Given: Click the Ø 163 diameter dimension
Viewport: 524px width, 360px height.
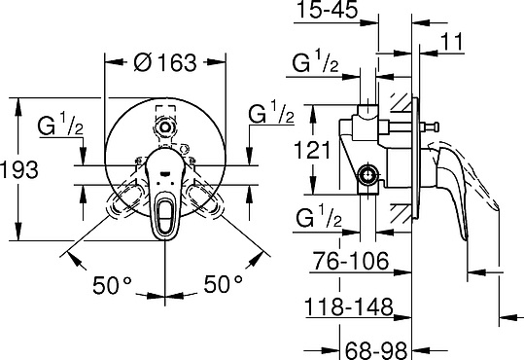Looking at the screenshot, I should coord(164,60).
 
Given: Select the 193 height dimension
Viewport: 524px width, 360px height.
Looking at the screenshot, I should coord(19,169).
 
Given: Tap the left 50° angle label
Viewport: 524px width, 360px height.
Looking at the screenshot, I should coord(113,284).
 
